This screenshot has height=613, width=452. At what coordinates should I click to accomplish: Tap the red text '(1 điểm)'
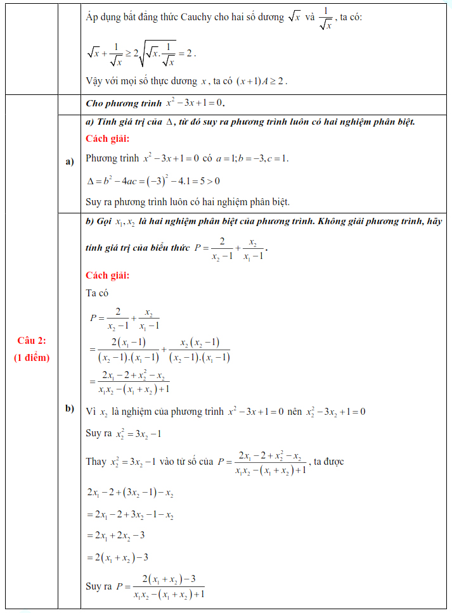tap(32, 357)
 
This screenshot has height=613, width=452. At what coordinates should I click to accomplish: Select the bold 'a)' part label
tap(70, 162)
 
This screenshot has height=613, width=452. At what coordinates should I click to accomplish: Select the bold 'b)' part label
tap(70, 408)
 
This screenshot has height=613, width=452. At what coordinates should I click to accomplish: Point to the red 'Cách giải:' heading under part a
tap(107, 139)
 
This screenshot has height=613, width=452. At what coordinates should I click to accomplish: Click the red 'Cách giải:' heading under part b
tap(107, 275)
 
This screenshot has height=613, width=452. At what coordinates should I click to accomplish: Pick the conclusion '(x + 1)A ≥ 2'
tap(261, 81)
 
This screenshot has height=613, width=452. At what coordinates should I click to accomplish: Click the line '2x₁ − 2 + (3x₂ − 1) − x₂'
tap(130, 491)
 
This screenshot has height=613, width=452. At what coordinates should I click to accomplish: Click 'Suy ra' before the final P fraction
tap(98, 586)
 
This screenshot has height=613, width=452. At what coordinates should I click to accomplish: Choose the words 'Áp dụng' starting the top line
tap(102, 18)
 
